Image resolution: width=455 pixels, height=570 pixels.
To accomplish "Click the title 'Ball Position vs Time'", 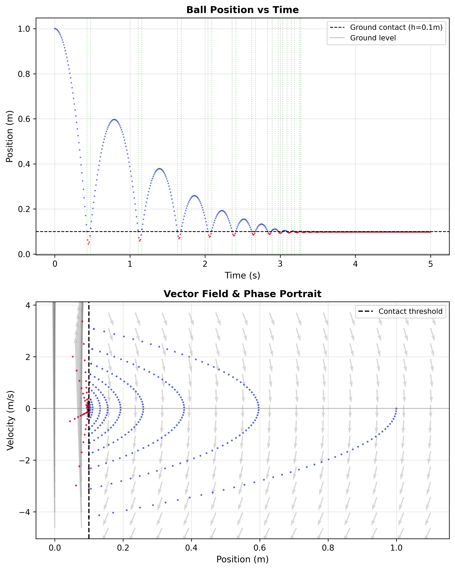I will tap(242, 10).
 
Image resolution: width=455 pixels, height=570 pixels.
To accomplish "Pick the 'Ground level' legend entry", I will tap(373, 38).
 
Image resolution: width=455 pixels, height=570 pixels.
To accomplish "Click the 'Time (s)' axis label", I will tap(242, 275).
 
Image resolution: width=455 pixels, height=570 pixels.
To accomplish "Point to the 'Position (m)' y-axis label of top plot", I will tap(10, 136).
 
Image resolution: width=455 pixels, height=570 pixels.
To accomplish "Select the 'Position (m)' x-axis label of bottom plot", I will tap(242, 559).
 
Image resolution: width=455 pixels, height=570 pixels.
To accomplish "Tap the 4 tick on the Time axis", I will tap(355, 264).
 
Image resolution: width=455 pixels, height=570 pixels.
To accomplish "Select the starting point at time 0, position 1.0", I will tap(55, 29).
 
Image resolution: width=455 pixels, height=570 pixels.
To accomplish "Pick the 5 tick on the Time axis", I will tap(430, 264).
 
